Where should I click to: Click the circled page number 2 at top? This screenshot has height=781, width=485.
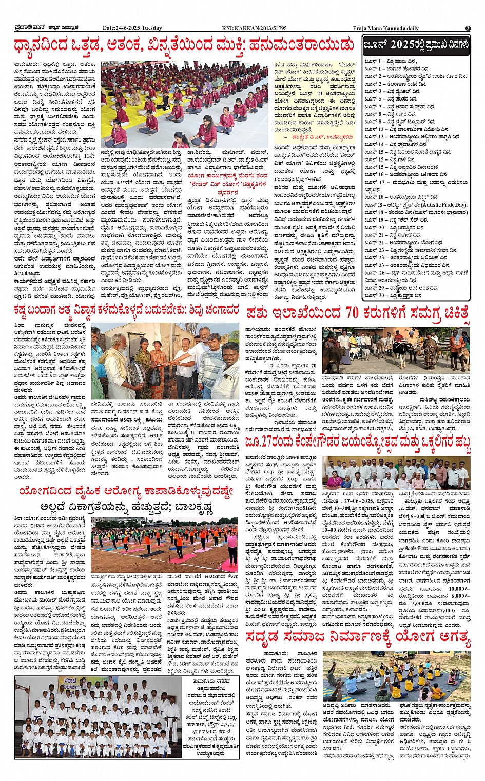click(468, 28)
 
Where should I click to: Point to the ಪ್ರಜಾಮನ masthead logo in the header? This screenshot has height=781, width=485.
click(32, 28)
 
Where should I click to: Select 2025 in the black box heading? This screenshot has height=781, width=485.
click(402, 45)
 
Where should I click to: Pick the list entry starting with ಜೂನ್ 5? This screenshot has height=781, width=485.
click(390, 98)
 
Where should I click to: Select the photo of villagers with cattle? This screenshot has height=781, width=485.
click(396, 350)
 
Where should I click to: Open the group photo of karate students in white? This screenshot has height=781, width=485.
click(99, 717)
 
